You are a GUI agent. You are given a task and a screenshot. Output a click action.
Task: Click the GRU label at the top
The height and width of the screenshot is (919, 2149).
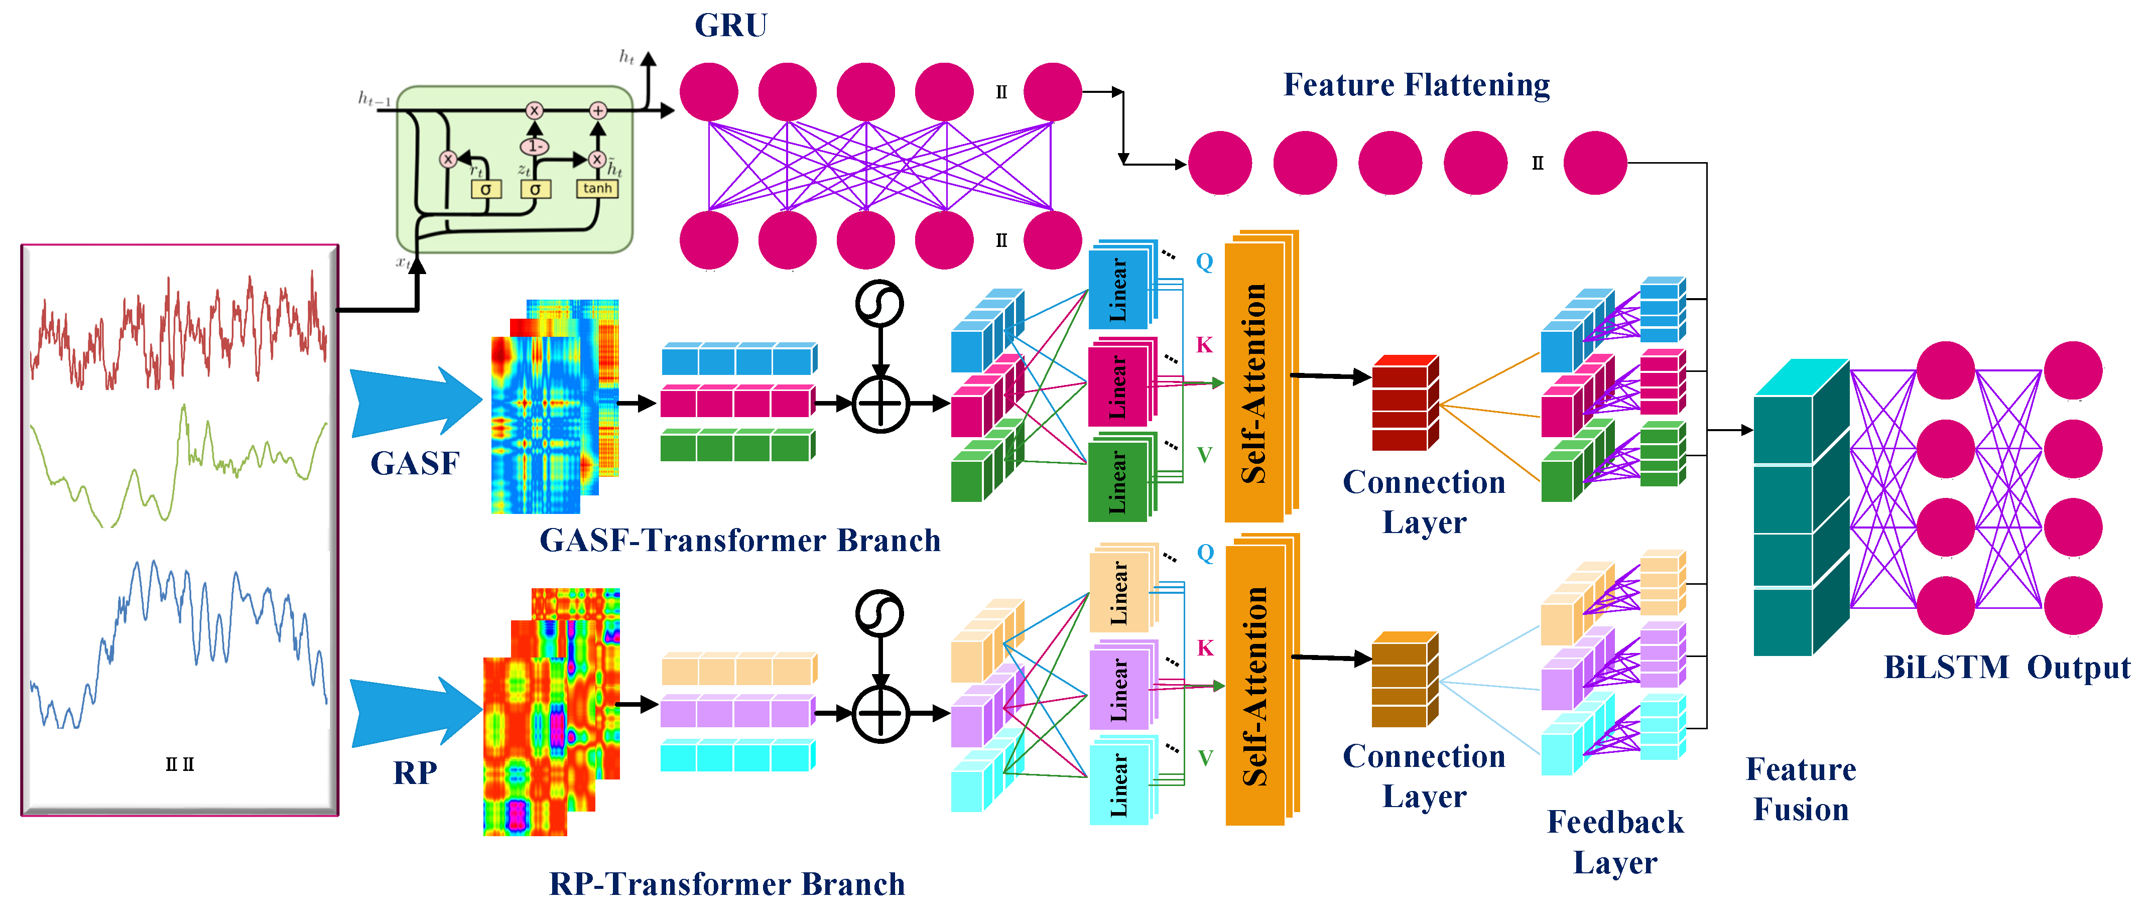pos(731,26)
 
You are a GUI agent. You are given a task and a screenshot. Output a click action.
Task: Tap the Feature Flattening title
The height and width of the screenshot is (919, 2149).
pos(1416,85)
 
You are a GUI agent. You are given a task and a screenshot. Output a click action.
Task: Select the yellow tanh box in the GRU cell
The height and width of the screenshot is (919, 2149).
pos(597,189)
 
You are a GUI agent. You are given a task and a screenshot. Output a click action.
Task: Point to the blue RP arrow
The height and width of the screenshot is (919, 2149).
pos(414,711)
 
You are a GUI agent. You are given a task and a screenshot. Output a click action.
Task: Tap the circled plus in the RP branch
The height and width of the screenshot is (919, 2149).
pos(880,714)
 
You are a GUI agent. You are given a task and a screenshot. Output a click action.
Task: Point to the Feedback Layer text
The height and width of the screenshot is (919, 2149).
pos(1614,842)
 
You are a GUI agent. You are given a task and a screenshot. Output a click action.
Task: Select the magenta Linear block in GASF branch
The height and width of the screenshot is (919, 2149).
pos(1119,385)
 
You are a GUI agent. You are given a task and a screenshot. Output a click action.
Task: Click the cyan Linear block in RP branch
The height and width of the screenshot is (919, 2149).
pos(1119,784)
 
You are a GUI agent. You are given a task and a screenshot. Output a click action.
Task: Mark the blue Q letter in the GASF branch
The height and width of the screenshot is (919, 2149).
pos(1204,262)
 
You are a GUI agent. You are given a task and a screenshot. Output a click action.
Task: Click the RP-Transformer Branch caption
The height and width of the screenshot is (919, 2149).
pos(726,884)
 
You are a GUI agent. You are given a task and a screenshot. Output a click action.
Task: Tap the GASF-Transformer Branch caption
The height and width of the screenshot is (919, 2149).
pos(740,541)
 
